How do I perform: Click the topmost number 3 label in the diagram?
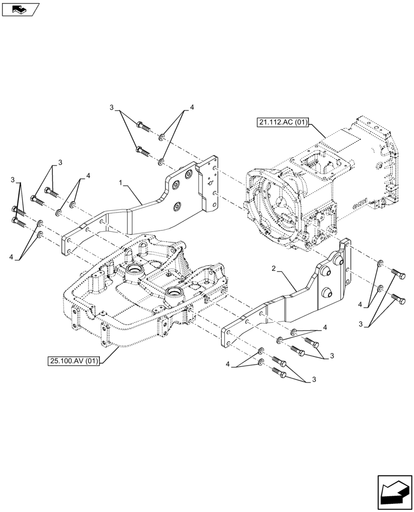(111, 108)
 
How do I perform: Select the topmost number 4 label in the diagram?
(192, 108)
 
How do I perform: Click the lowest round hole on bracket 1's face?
(177, 206)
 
